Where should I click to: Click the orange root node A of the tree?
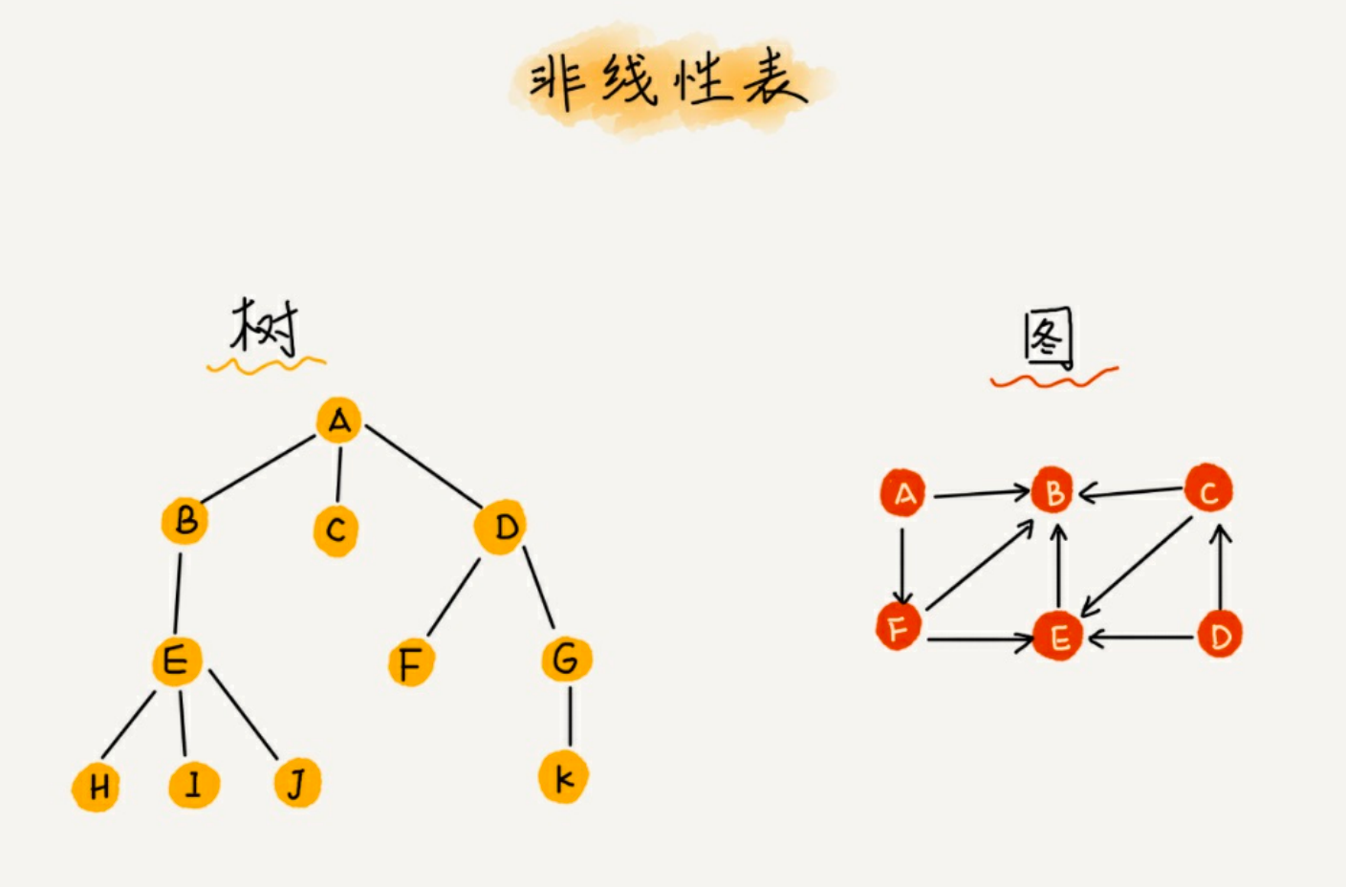[x=339, y=421]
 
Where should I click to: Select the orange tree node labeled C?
[x=336, y=530]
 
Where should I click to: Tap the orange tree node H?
[x=97, y=787]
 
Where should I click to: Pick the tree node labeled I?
[x=194, y=785]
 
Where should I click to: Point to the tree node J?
[x=297, y=784]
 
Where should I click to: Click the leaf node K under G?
[x=563, y=777]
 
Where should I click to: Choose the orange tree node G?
[x=566, y=659]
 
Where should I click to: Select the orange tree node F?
[x=410, y=663]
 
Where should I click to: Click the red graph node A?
[x=903, y=493]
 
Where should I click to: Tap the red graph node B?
[x=1053, y=492]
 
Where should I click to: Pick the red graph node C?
[x=1208, y=489]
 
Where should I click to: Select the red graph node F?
[x=899, y=627]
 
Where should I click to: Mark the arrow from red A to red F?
[x=901, y=564]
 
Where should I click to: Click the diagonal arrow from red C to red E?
[x=1138, y=567]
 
